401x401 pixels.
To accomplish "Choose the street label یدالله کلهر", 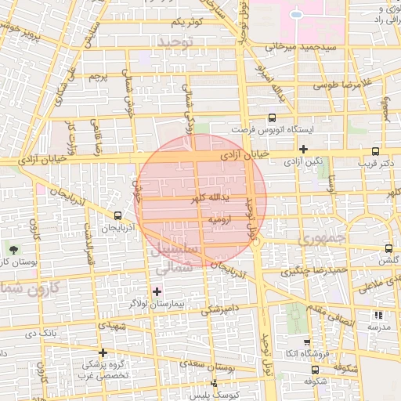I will [210, 198].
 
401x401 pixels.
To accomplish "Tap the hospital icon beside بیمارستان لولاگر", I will [156, 291].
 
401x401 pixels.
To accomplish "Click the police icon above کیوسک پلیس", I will [214, 383].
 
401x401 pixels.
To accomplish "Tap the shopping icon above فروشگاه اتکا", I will [306, 342].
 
